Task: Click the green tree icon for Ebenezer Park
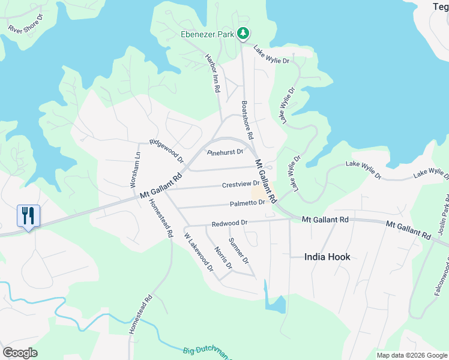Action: click(x=243, y=34)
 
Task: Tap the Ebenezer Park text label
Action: click(x=208, y=34)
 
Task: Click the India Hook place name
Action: click(x=327, y=257)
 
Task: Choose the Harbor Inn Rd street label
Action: click(x=214, y=74)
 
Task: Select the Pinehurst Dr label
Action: click(x=225, y=152)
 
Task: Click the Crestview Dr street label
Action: click(x=240, y=185)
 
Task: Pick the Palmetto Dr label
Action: click(x=246, y=203)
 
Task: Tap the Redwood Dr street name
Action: click(x=229, y=223)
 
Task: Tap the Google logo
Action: click(x=20, y=352)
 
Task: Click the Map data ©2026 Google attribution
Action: click(x=412, y=355)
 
